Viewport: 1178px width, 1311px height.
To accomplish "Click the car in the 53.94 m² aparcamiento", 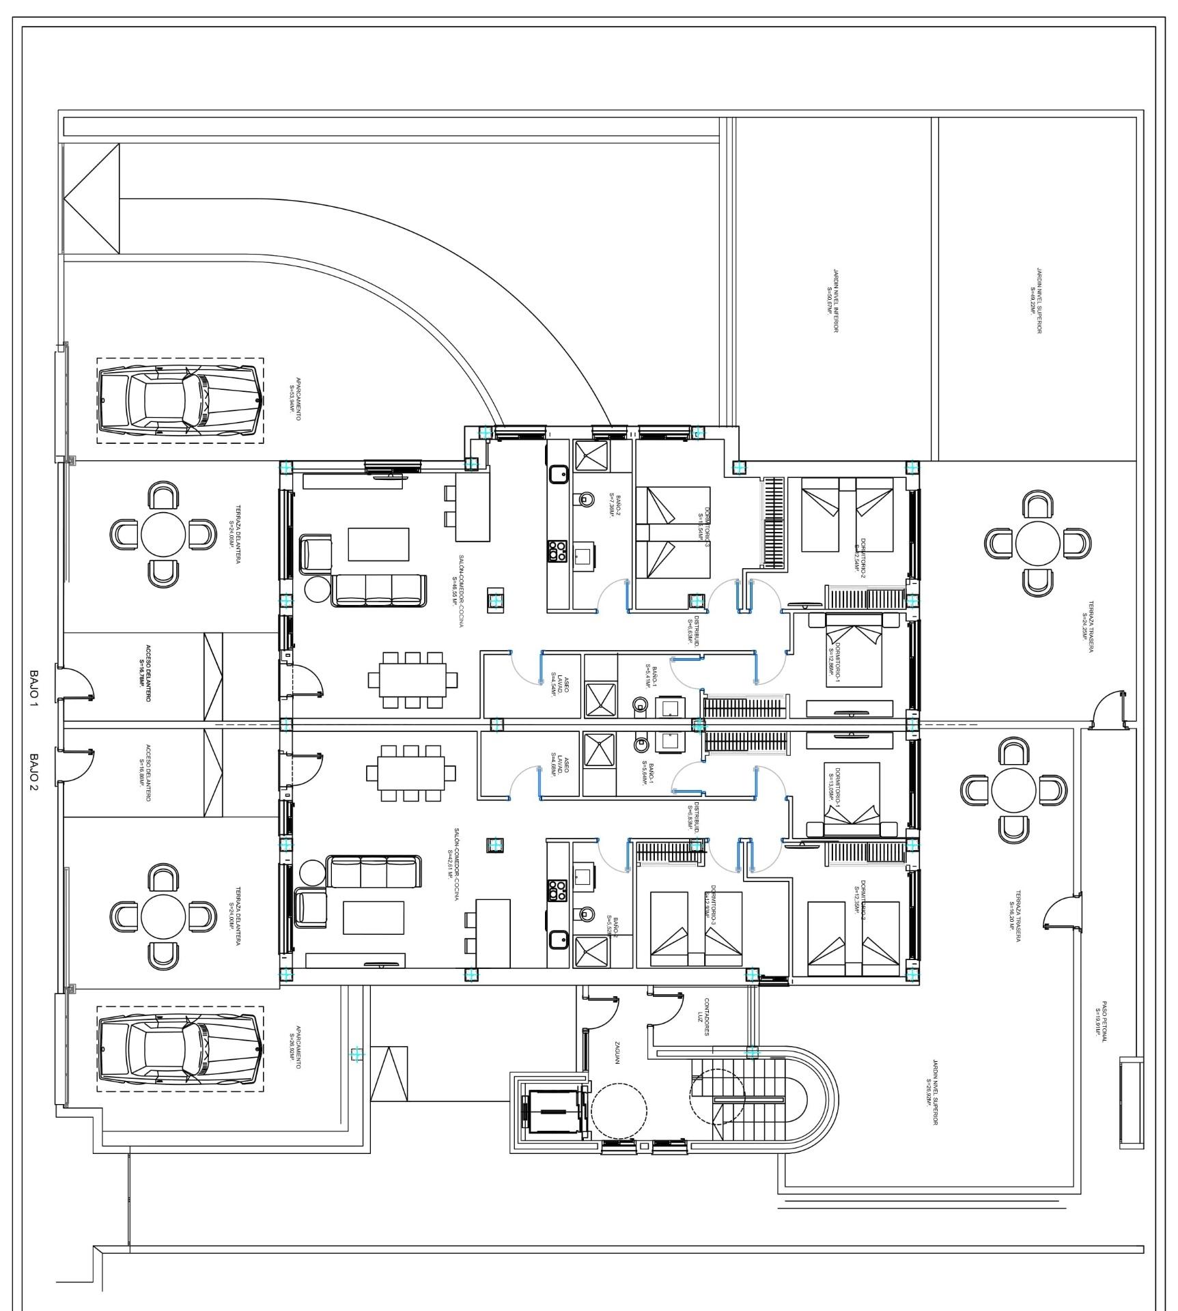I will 180,400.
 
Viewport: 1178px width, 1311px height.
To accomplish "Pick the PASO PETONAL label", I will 1100,1021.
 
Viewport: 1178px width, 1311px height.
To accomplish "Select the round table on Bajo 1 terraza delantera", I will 163,534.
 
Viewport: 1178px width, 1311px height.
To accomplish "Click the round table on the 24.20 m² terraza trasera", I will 1037,544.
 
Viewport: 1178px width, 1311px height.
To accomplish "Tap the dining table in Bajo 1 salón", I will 412,680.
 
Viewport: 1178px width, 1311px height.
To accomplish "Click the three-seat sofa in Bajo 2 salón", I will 374,871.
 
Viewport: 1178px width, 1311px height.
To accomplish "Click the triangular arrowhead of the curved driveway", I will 92,199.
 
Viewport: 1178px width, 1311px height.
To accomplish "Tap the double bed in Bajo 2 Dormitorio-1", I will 852,795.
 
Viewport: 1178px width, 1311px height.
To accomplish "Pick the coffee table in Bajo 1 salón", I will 378,544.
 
